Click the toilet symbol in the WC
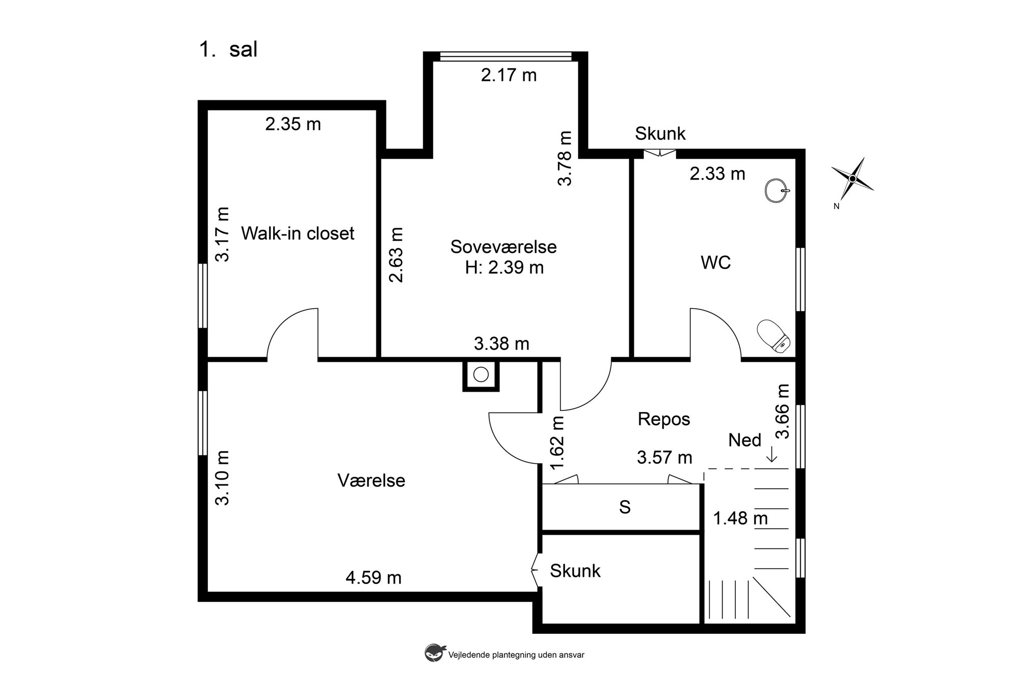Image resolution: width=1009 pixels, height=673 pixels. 773,336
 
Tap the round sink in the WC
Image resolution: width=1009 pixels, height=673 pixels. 777,190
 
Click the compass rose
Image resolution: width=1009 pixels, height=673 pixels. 852,179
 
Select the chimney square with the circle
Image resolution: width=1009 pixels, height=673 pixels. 481,375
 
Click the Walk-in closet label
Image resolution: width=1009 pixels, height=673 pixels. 298,233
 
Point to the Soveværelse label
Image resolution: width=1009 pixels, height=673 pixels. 503,247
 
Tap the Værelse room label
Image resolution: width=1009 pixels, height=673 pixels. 371,481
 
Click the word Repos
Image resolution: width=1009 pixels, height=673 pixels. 664,419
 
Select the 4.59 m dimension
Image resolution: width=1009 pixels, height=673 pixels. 373,578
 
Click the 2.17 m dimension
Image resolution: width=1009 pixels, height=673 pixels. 509,75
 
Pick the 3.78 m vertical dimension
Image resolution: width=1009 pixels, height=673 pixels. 565,158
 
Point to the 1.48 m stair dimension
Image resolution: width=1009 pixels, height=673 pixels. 740,518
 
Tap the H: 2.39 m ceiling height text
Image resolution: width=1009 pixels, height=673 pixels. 504,268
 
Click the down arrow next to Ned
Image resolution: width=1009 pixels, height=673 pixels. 772,454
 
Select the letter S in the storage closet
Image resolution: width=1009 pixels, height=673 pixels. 625,507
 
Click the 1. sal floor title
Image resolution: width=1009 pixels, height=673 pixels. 228,49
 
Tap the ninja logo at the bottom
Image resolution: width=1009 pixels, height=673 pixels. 433,653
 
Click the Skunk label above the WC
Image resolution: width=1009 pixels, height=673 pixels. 660,134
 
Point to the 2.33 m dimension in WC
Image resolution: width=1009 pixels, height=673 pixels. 717,174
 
